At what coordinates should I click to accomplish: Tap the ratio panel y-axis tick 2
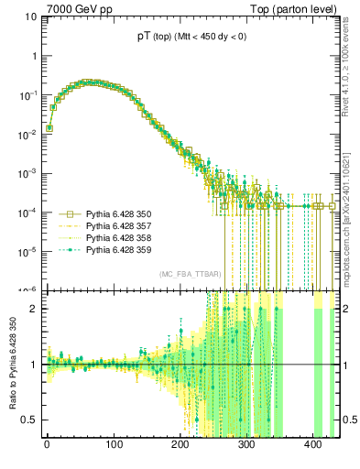point(34,309)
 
